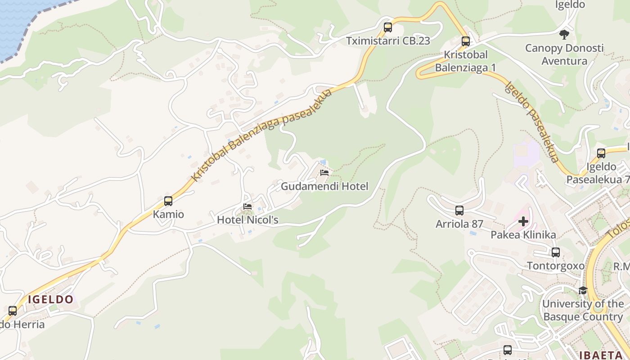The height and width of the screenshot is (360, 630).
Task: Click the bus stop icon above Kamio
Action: (x=168, y=201)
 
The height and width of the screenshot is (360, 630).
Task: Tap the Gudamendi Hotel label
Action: (x=324, y=186)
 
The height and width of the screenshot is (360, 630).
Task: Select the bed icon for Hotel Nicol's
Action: (x=247, y=207)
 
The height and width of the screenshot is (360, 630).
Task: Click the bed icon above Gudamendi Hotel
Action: (x=324, y=173)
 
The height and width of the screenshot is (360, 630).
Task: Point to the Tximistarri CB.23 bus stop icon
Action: (x=388, y=27)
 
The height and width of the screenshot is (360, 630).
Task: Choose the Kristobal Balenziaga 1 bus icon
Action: (x=466, y=41)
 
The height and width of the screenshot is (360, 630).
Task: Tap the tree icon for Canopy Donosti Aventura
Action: (x=564, y=34)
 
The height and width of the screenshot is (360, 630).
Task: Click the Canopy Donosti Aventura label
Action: (x=564, y=54)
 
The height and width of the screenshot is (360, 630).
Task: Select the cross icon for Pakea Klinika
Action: (x=523, y=221)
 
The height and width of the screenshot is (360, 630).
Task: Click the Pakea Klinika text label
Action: (x=523, y=235)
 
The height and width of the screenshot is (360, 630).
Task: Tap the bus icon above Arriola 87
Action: (x=459, y=211)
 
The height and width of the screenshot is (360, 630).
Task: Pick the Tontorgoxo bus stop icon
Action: (x=556, y=252)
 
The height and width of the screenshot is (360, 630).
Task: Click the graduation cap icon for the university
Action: (x=583, y=290)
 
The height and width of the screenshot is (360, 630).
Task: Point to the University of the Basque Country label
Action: (x=583, y=310)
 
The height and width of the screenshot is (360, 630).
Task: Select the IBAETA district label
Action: (x=603, y=355)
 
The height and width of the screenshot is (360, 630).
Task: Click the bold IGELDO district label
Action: (x=50, y=299)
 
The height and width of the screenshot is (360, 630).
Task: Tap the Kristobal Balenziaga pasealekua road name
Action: (x=261, y=135)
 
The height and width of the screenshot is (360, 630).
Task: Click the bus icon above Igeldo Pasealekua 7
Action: (x=601, y=153)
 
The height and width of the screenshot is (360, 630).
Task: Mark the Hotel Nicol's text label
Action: (x=247, y=220)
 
